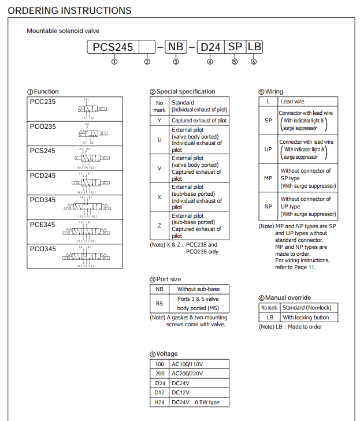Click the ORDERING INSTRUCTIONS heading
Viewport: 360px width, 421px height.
point(69,10)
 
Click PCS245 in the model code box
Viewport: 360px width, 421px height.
point(113,47)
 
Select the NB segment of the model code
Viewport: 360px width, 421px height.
point(176,47)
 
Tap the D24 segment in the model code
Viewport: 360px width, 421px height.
point(210,47)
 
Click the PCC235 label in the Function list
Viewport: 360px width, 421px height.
point(43,102)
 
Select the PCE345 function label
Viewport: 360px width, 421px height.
point(43,224)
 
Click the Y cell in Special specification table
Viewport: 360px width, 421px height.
point(159,121)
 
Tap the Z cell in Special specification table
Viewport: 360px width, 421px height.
point(159,225)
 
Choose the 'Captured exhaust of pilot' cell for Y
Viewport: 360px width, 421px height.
point(199,121)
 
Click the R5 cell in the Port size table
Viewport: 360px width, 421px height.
point(159,303)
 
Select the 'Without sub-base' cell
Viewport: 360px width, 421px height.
point(198,289)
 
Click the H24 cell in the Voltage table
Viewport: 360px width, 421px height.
point(159,403)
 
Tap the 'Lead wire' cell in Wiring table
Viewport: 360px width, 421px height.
point(292,101)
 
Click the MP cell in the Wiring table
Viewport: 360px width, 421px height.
point(268,178)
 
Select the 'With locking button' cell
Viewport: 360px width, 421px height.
point(305,318)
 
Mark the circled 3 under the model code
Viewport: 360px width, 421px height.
point(176,62)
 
